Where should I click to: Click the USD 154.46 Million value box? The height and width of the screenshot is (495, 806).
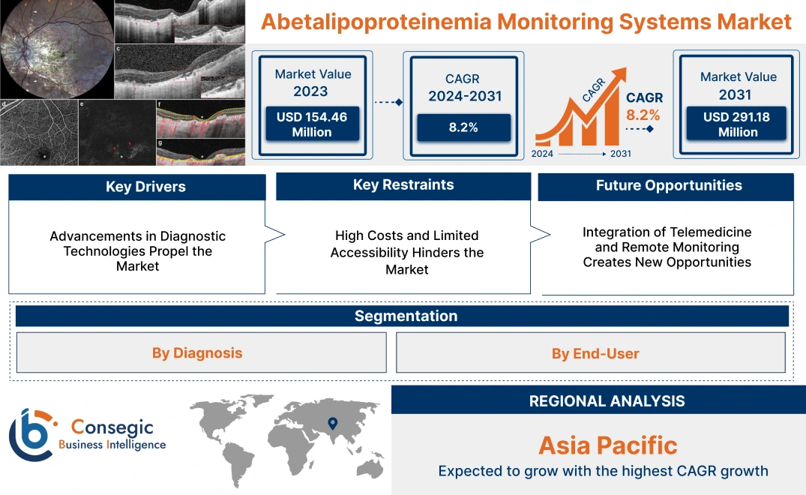311,124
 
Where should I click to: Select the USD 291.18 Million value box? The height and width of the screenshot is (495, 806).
738,124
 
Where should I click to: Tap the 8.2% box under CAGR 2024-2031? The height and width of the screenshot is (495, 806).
463,127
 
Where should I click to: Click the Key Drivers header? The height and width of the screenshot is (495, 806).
136,187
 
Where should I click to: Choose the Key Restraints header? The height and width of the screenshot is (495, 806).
403,185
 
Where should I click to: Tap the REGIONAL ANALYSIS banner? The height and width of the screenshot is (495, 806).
607,401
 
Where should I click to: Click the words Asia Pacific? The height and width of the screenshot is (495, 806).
607,445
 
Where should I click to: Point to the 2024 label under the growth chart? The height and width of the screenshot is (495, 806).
543,154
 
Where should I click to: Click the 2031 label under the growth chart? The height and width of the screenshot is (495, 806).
620,154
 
